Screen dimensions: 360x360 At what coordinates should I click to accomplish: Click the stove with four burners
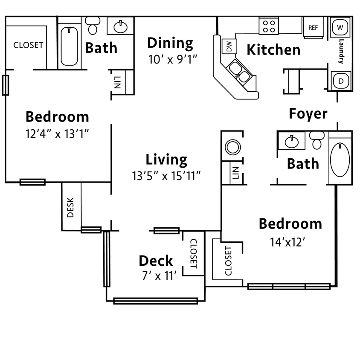(x=269, y=26)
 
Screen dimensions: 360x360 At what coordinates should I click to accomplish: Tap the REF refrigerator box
(x=313, y=28)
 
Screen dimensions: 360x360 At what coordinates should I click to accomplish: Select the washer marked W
(x=340, y=27)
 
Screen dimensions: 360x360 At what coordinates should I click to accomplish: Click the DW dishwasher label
(x=229, y=46)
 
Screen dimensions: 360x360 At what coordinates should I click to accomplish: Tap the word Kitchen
(x=273, y=50)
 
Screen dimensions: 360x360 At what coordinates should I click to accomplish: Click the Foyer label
(x=308, y=114)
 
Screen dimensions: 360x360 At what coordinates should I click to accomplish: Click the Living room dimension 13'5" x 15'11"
(x=166, y=175)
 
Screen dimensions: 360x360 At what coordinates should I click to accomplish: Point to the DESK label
(x=71, y=207)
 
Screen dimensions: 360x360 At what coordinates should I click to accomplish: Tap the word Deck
(x=156, y=261)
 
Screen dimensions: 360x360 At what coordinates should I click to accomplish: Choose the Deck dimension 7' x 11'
(x=159, y=276)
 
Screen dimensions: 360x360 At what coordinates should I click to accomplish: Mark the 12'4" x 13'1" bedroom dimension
(x=57, y=134)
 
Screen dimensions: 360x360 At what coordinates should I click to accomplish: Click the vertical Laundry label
(x=341, y=51)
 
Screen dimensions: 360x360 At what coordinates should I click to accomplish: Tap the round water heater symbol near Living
(x=233, y=148)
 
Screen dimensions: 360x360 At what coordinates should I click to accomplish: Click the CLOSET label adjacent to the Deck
(x=193, y=253)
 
